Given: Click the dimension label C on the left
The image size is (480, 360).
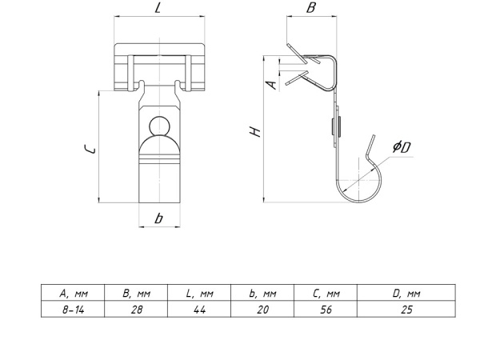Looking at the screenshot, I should [x=92, y=149].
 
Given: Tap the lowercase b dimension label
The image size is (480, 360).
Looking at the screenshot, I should [x=159, y=218].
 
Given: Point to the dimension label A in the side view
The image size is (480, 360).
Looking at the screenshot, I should [x=271, y=82].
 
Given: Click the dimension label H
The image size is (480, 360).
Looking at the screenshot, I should [x=254, y=131].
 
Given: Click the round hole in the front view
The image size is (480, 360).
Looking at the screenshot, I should [x=158, y=129].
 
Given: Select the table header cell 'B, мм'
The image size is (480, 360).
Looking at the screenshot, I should [x=136, y=294].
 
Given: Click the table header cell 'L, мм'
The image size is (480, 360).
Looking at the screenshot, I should [x=199, y=294].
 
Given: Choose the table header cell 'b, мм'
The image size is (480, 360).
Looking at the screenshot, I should [x=262, y=294].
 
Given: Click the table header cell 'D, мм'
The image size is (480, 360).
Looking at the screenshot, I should [x=406, y=294].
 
